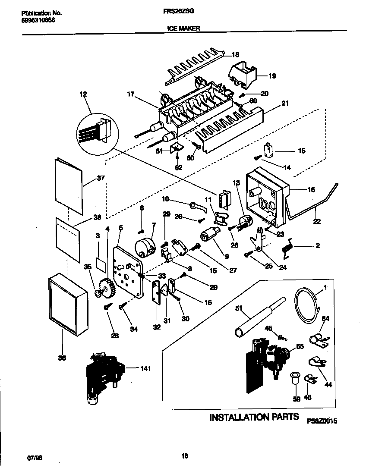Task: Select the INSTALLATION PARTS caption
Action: tap(254, 417)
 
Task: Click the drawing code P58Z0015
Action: tap(322, 420)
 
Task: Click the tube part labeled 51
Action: tap(257, 317)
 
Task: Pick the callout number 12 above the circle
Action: tap(83, 94)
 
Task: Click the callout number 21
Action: tap(284, 103)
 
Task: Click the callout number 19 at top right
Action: tap(272, 76)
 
